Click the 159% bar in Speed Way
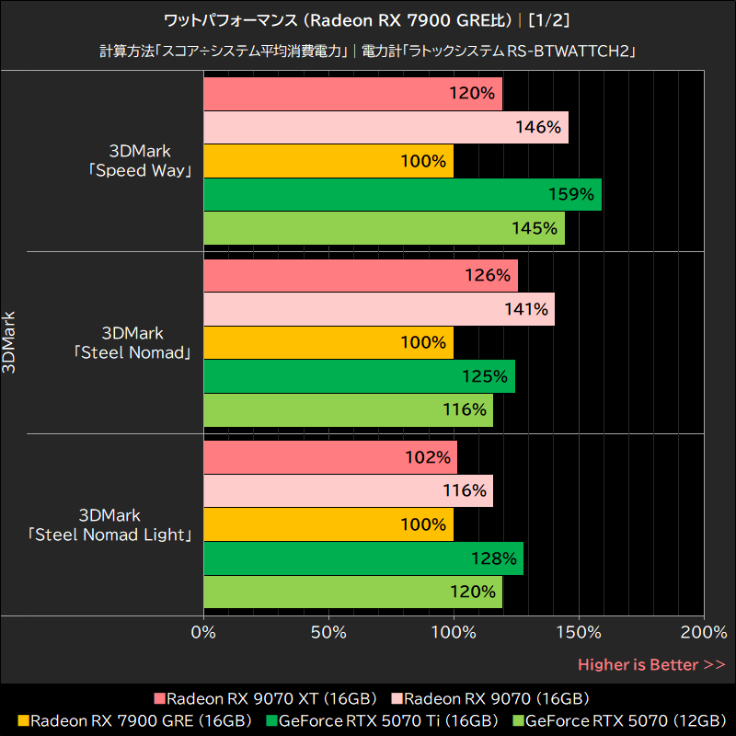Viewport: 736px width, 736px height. [x=402, y=194]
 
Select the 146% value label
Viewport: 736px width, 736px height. [x=538, y=128]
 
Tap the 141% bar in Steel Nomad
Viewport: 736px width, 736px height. [x=378, y=310]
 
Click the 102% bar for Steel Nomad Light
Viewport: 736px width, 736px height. [x=329, y=457]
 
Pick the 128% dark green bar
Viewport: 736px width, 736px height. [x=362, y=558]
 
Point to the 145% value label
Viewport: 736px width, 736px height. [x=535, y=228]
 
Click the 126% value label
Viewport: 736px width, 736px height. [x=488, y=276]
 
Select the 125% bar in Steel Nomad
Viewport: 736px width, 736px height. [x=359, y=376]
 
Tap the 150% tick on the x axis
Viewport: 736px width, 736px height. [x=579, y=633]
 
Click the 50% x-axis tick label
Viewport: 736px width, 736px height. [x=328, y=633]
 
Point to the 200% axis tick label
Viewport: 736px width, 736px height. [x=704, y=633]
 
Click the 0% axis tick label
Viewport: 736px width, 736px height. [x=203, y=633]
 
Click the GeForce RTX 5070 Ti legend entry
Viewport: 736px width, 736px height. [x=382, y=720]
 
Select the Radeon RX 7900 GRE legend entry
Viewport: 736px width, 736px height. [x=133, y=720]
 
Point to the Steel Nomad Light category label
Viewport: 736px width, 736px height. [x=109, y=524]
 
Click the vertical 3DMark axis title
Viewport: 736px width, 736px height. [x=9, y=341]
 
